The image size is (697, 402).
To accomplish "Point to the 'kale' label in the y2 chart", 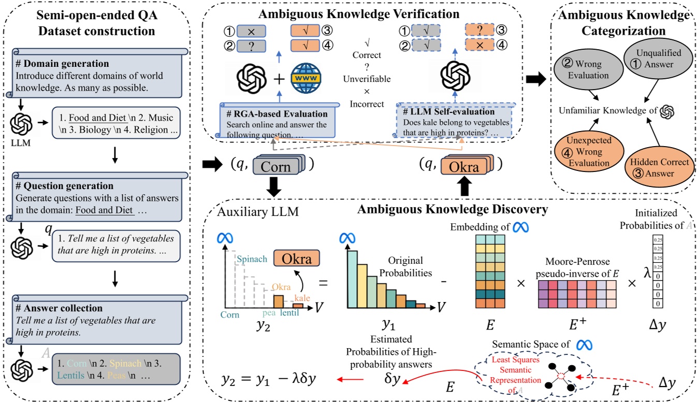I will pos(302,297).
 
